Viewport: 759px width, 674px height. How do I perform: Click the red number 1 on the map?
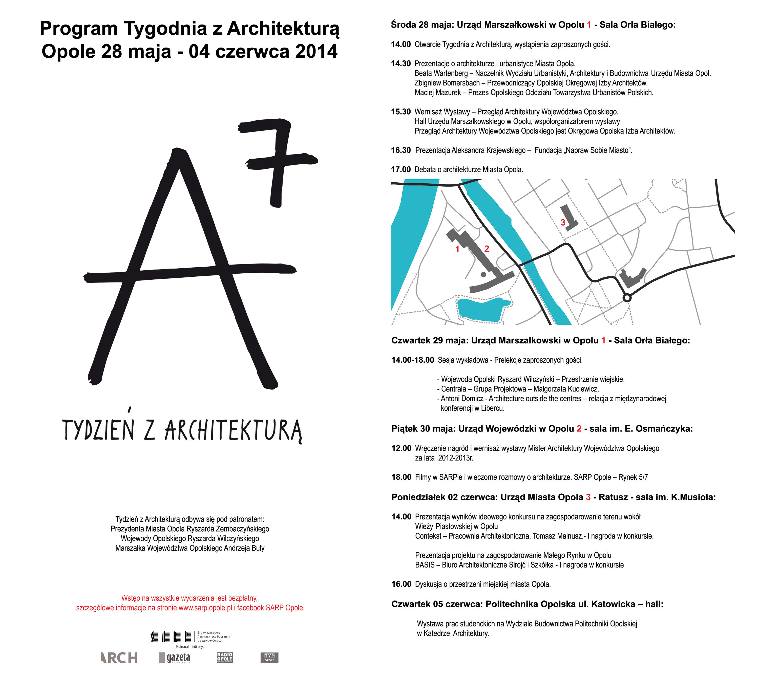pos(457,249)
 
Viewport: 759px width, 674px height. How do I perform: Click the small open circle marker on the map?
pos(627,298)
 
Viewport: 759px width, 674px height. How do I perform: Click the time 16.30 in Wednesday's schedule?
pos(401,150)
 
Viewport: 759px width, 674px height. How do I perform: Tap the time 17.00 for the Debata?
pos(401,170)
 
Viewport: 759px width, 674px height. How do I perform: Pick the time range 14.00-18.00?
pos(413,360)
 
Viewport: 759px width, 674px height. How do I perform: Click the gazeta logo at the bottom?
pos(175,658)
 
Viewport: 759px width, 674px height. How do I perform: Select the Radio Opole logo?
pos(225,657)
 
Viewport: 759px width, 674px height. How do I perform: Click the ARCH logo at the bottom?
pos(119,658)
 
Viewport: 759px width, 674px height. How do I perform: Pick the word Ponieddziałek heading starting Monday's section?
pos(418,497)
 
